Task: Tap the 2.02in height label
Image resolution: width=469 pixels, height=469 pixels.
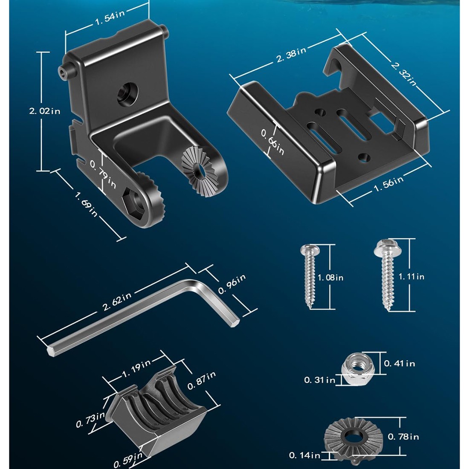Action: point(45,111)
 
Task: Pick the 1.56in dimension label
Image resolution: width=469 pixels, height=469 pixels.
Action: point(388,184)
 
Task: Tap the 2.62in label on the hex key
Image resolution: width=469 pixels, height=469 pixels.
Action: point(117,301)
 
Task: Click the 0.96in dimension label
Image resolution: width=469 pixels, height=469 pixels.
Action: point(232,284)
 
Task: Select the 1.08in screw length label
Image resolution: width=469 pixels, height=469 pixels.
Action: point(330,278)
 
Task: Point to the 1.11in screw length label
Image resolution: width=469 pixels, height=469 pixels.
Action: point(411,277)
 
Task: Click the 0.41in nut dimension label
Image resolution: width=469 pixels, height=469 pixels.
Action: point(400,363)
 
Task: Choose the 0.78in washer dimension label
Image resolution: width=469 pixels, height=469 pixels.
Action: point(403,437)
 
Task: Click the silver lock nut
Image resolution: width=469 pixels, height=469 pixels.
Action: point(356,369)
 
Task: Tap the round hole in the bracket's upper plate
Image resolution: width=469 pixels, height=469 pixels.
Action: point(128,94)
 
